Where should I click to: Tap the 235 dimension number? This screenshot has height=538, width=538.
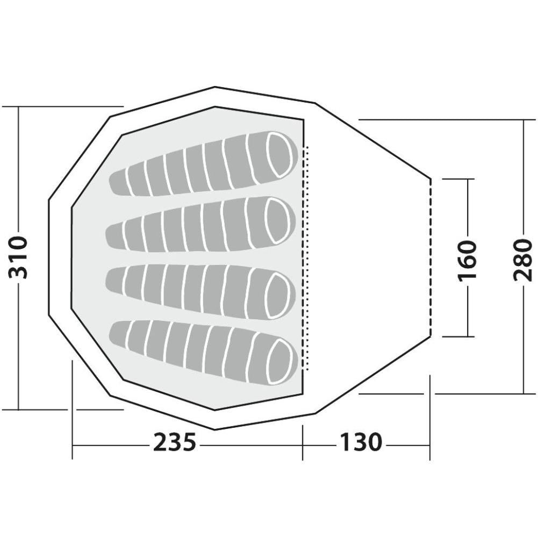(175, 442)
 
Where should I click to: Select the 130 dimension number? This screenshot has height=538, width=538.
(361, 442)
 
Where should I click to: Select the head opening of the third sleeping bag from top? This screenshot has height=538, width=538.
(277, 295)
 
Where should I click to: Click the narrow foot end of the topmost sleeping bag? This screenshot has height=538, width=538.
(118, 182)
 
